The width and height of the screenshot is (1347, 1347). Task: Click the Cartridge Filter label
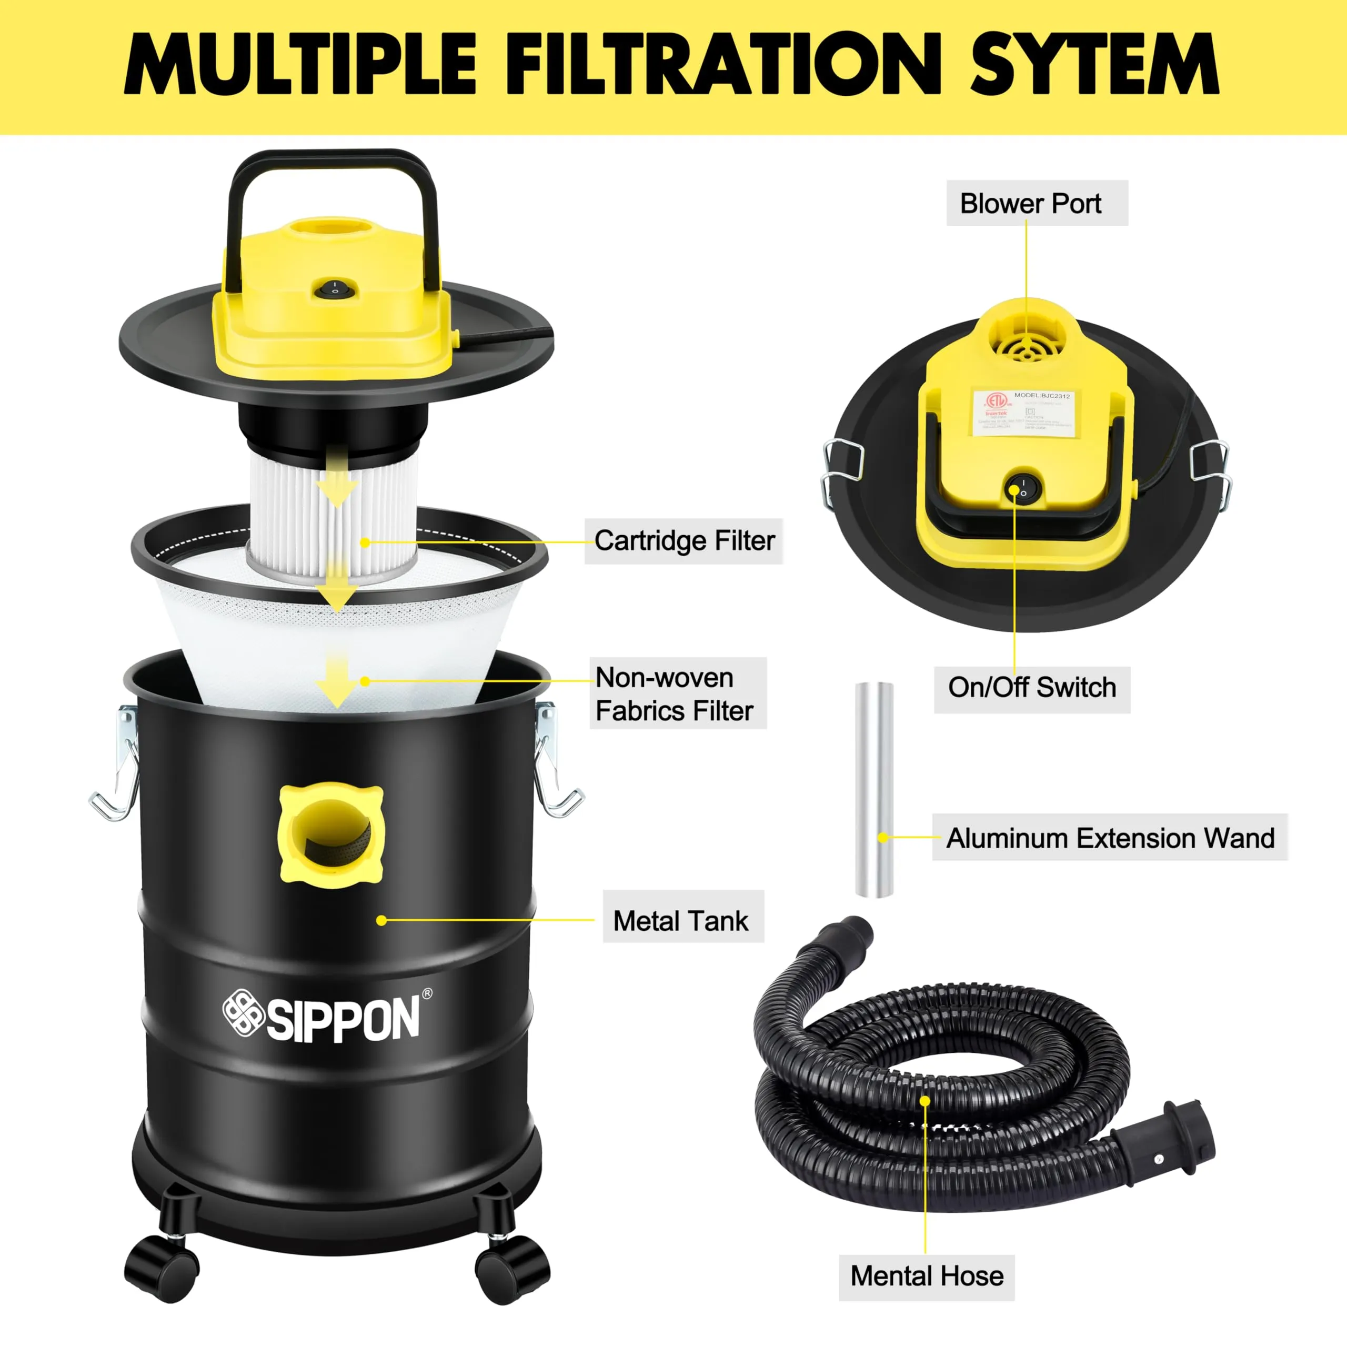pyautogui.click(x=684, y=541)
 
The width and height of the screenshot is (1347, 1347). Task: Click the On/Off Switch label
pyautogui.click(x=1032, y=688)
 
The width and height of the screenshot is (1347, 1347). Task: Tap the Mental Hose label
pyautogui.click(x=927, y=1276)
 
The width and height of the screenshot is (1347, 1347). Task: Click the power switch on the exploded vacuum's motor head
pyautogui.click(x=335, y=288)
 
